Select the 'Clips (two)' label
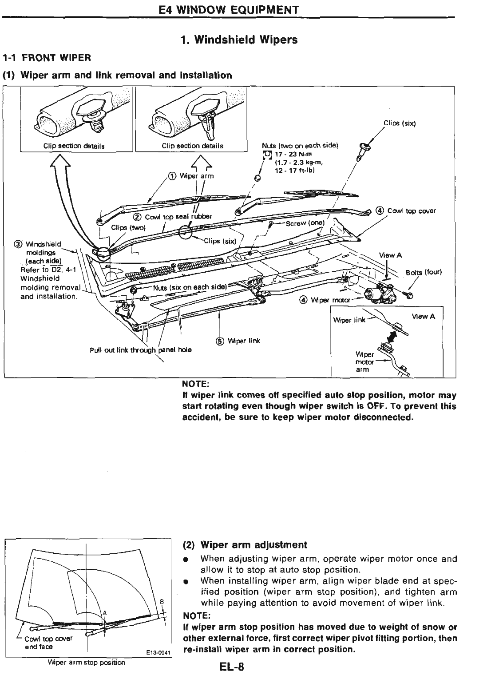pos(125,227)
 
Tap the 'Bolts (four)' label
pos(424,272)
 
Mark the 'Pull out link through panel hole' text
pos(141,349)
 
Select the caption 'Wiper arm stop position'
pos(86,663)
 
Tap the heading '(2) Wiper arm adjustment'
pos(245,545)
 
